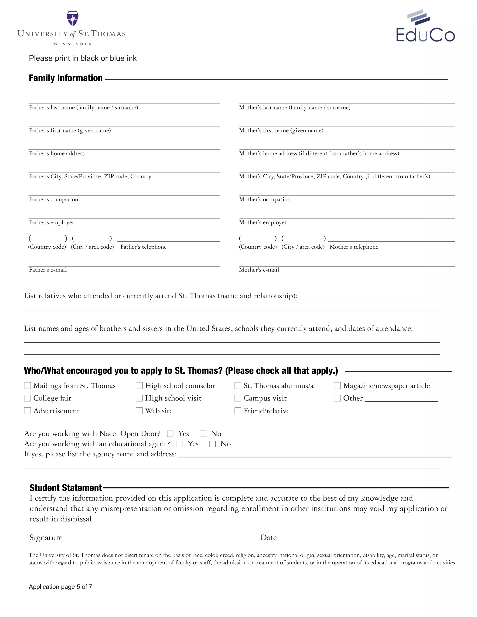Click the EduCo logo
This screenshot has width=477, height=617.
coord(425,27)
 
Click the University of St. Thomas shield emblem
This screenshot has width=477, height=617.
coord(73,18)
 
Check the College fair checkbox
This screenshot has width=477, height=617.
coord(27,398)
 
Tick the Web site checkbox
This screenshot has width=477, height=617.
coord(139,410)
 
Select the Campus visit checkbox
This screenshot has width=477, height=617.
coord(238,398)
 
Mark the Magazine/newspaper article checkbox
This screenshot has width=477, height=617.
coord(337,386)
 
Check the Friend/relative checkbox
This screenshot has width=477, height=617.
coord(238,410)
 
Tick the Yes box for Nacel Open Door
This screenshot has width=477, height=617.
coord(170,434)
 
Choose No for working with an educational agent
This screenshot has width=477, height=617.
coord(212,444)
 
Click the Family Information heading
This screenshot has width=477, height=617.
coord(65,78)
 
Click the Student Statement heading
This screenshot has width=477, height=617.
coord(65,488)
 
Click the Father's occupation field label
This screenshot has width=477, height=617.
coord(53,200)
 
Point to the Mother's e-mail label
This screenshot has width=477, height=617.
coord(259,270)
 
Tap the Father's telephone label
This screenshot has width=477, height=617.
coord(143,247)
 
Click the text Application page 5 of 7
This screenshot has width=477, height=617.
coord(61,587)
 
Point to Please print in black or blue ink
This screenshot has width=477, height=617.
coord(82,58)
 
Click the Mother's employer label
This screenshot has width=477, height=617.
coord(262,223)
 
